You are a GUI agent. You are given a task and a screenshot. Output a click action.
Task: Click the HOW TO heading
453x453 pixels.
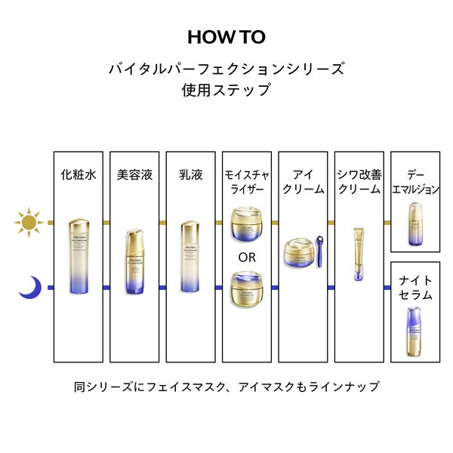(x=226, y=37)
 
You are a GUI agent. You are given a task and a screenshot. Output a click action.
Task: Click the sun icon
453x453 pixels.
(x=28, y=223)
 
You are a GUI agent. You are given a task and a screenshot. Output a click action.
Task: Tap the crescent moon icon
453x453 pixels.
(x=29, y=286)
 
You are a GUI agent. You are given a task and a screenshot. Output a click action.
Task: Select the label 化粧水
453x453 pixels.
(x=78, y=174)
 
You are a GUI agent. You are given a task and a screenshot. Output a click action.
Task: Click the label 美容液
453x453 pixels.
(x=134, y=174)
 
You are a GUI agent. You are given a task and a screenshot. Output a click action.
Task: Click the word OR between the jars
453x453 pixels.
(x=247, y=257)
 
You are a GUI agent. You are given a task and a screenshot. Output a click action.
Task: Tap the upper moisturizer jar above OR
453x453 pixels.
(x=247, y=224)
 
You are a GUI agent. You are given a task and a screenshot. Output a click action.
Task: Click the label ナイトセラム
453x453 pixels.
(x=414, y=287)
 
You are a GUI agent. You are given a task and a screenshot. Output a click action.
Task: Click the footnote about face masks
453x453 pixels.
(x=226, y=387)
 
